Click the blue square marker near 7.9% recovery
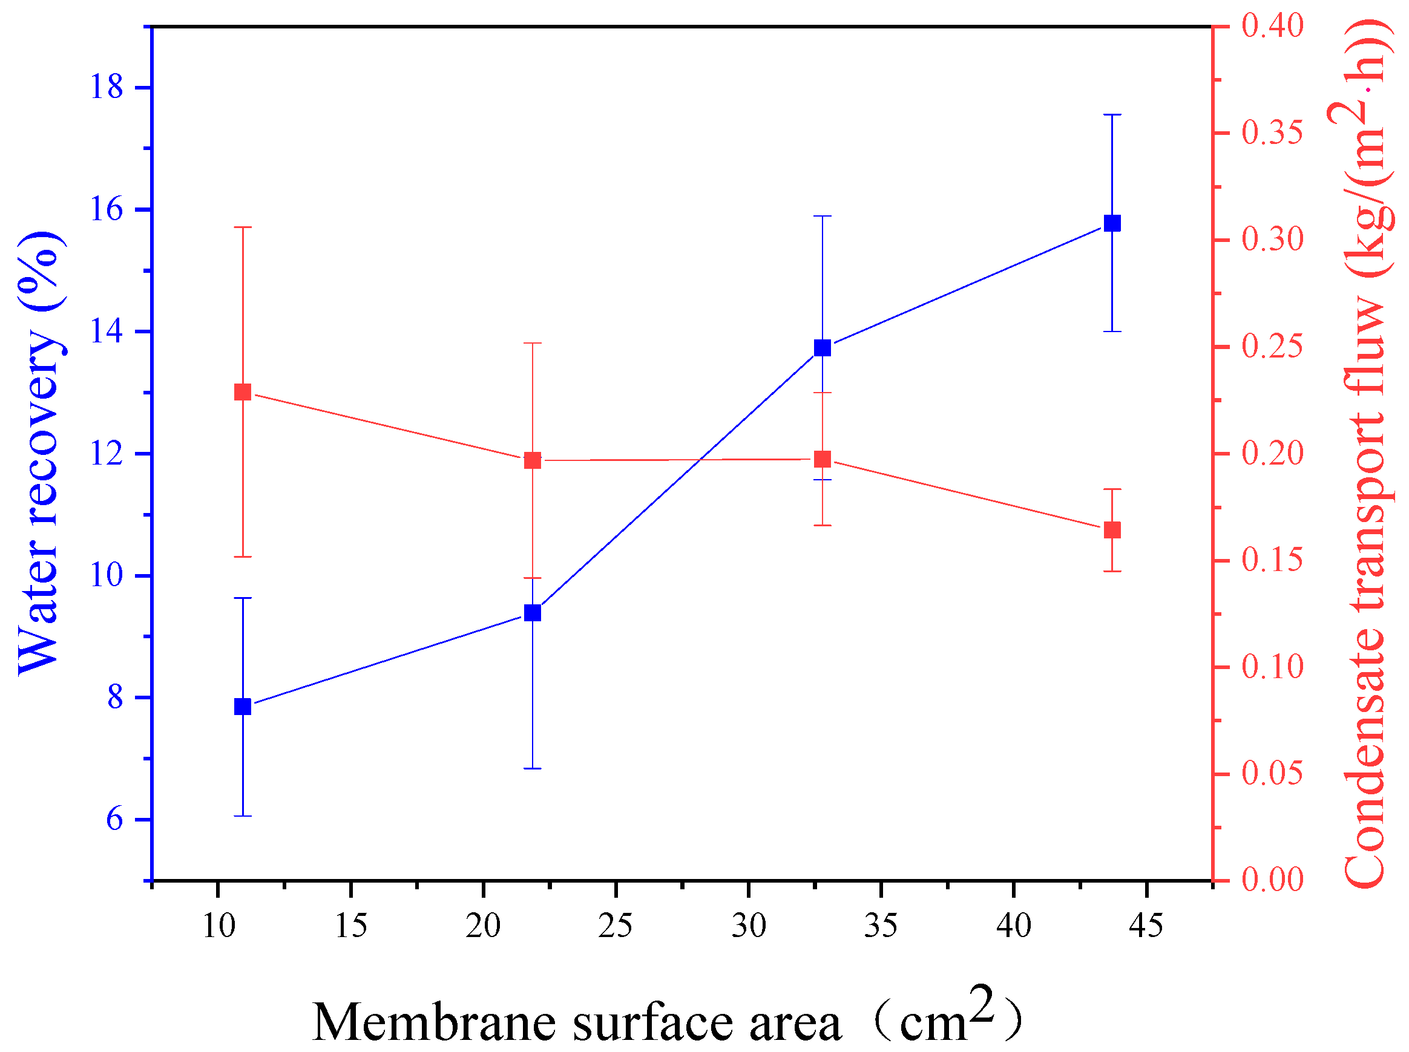(x=243, y=707)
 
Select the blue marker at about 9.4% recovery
(x=533, y=613)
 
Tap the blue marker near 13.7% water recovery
(x=823, y=348)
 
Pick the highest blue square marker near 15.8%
(x=1112, y=223)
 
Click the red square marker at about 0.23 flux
(x=243, y=391)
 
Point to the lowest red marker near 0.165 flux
(x=1112, y=530)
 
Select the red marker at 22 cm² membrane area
(x=533, y=460)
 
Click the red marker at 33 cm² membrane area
(x=823, y=459)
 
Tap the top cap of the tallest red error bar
(x=243, y=227)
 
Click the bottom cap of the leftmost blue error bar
(x=243, y=815)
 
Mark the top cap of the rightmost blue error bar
(x=1112, y=114)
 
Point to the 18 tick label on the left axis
(x=106, y=87)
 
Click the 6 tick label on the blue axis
(x=114, y=820)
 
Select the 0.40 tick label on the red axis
(x=1272, y=26)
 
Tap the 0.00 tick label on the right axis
(x=1272, y=881)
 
